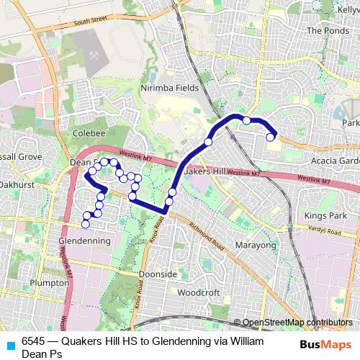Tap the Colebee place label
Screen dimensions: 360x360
click(x=89, y=133)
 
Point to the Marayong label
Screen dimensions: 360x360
click(x=256, y=246)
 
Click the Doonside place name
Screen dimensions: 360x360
click(x=158, y=274)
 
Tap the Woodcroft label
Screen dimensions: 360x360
click(x=198, y=293)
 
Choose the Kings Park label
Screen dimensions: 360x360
click(x=325, y=215)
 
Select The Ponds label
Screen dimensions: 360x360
click(x=328, y=31)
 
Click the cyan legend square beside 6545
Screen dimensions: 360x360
click(x=10, y=342)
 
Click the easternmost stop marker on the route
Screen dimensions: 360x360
click(x=271, y=137)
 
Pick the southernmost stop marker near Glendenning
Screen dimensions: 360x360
click(x=86, y=223)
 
